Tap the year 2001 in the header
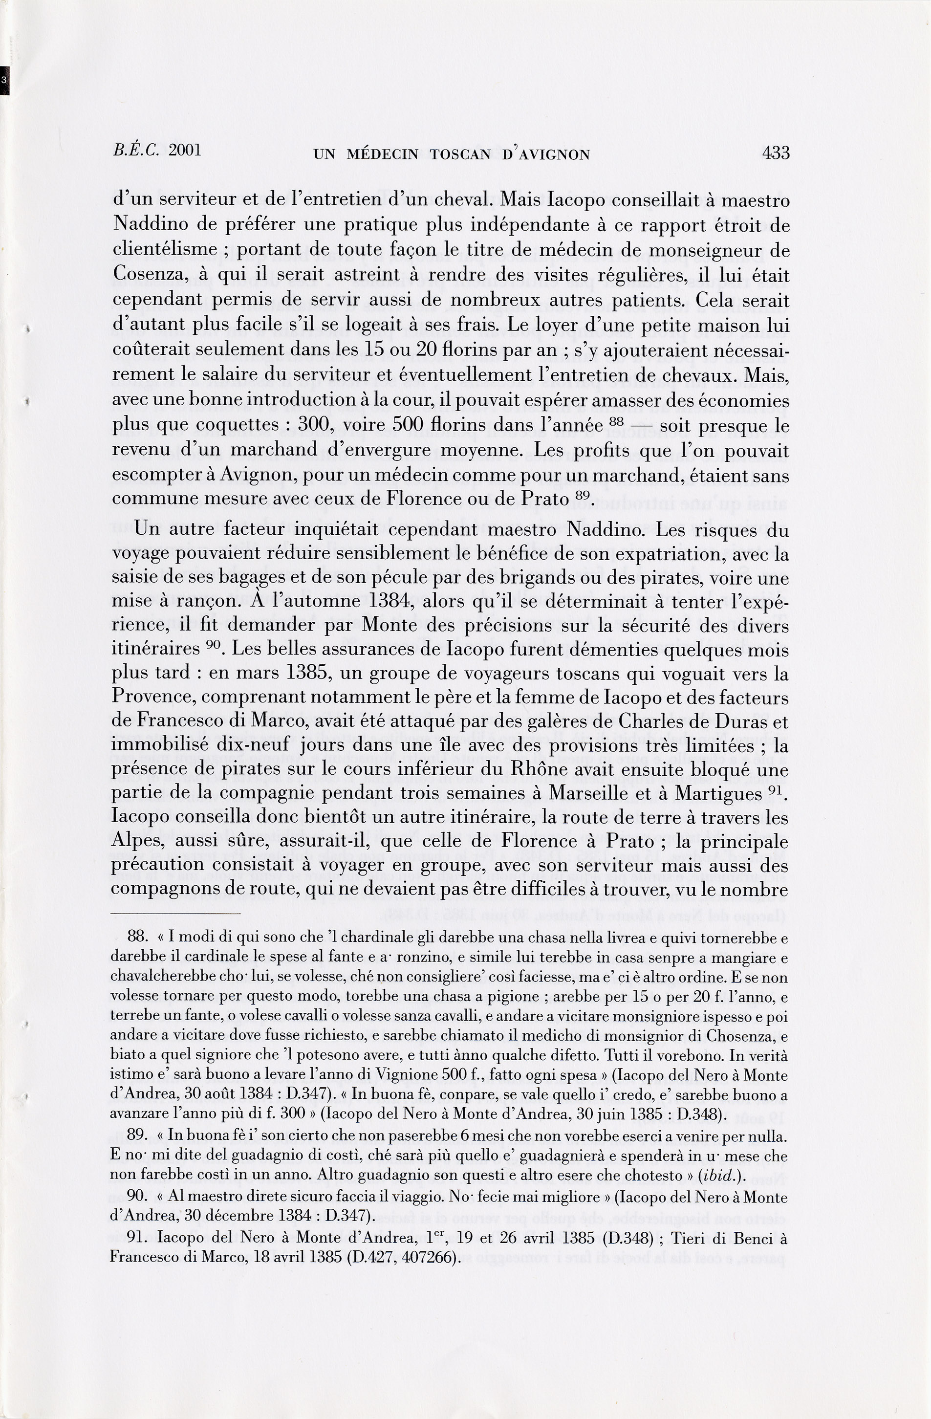coord(185,150)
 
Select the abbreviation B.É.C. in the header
coord(136,150)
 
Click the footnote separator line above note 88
coord(176,914)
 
